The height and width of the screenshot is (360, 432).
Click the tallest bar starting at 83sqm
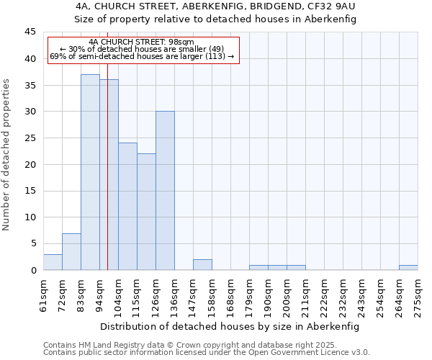point(90,172)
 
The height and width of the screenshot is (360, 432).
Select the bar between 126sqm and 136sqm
point(165,191)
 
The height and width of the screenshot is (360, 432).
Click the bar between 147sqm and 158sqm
point(202,265)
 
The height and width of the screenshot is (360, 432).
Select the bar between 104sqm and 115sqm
point(127,207)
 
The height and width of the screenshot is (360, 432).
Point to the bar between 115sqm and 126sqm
point(146,212)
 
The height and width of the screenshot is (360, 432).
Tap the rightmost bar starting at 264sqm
point(408,268)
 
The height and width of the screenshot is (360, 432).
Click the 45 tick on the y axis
point(30,32)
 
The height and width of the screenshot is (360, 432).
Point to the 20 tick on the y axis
point(30,164)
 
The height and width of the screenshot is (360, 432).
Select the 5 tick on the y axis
point(33,243)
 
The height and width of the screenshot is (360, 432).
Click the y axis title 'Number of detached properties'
point(6,155)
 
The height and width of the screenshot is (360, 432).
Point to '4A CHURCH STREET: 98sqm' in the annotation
point(142,42)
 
